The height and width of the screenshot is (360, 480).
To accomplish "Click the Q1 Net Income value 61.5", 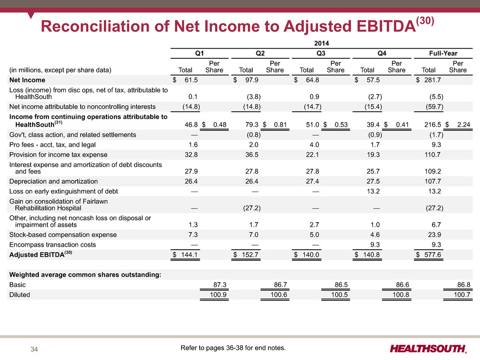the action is (191, 80).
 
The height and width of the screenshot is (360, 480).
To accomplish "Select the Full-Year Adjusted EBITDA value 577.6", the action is (433, 255).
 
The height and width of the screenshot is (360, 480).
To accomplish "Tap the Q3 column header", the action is (321, 53).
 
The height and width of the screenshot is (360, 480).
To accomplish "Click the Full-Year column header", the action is (443, 53).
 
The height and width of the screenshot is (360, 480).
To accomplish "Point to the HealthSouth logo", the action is (428, 349).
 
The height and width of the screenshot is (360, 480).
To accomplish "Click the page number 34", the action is (34, 349).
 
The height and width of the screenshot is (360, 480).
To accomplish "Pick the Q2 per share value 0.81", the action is (280, 125).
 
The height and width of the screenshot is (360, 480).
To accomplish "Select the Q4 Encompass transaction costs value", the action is (375, 245).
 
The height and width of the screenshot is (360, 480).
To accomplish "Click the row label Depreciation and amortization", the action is (54, 181).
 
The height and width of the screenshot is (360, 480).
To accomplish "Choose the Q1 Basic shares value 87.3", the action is (220, 285).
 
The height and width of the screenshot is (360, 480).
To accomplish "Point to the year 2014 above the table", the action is (321, 43).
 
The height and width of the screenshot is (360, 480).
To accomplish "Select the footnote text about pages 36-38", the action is (233, 348).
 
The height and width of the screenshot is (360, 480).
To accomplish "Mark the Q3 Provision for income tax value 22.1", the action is (312, 155).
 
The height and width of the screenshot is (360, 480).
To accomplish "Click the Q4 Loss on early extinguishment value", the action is (373, 191).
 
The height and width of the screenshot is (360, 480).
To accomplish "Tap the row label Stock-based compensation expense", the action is (63, 235).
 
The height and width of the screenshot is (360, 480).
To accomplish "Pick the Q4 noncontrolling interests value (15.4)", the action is (373, 107).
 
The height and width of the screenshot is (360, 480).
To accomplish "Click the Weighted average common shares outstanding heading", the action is (85, 275).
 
